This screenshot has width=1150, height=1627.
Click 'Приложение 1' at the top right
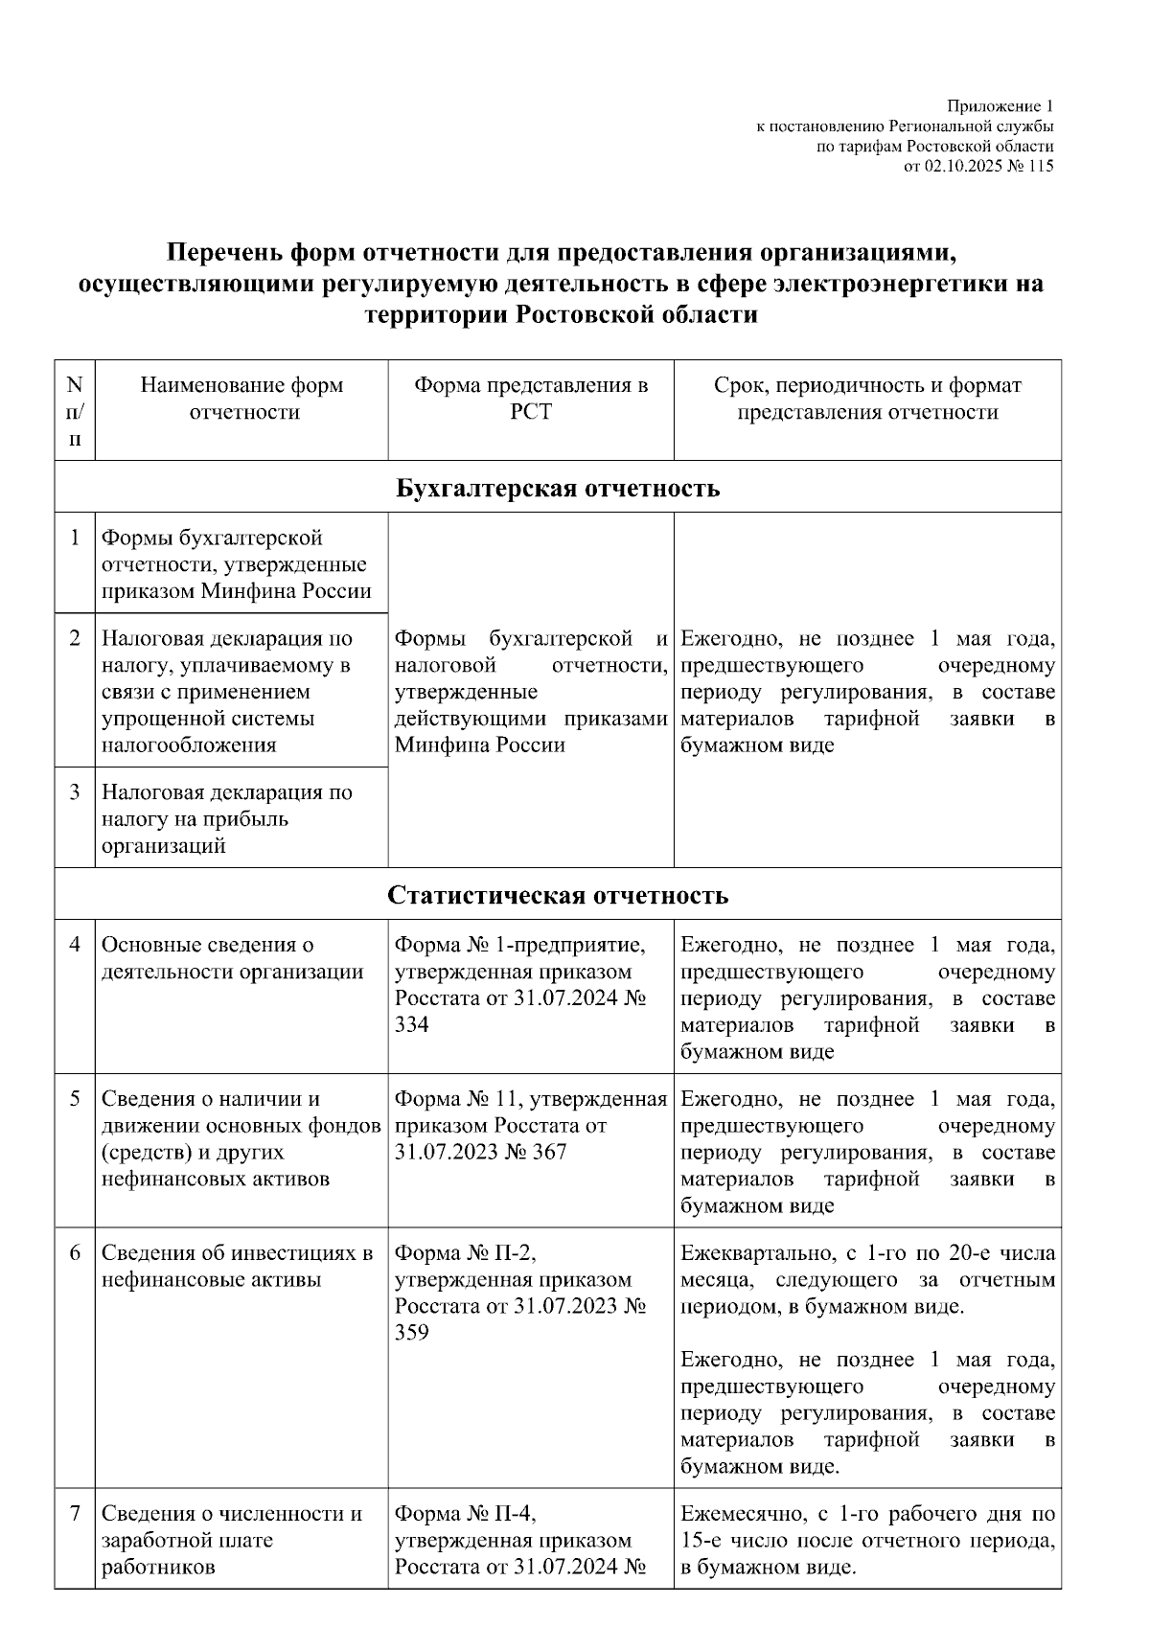[x=1000, y=105]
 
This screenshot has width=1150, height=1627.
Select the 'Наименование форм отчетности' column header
[x=241, y=399]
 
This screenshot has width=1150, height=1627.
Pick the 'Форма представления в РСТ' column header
[x=531, y=399]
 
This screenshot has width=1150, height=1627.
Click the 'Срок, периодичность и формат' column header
[x=867, y=385]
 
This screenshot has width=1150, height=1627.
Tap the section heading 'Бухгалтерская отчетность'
[x=558, y=488]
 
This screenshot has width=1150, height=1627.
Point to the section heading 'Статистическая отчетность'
[x=558, y=895]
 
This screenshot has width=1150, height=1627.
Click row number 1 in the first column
[x=75, y=538]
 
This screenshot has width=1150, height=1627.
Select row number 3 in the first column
[x=75, y=792]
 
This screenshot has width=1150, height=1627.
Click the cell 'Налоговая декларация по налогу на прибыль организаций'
[x=226, y=818]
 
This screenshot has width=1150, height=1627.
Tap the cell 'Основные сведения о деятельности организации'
[x=232, y=958]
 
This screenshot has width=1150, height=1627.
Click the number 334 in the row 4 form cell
[x=412, y=1024]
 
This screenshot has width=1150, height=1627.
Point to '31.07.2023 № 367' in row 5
[x=481, y=1152]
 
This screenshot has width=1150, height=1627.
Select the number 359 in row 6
[x=412, y=1333]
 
